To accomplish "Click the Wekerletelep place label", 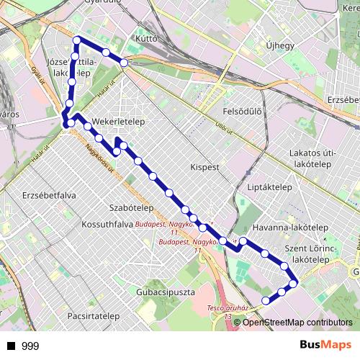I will pyautogui.click(x=119, y=122).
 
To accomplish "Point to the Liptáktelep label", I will pyautogui.click(x=269, y=186).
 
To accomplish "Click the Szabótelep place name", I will pyautogui.click(x=132, y=207).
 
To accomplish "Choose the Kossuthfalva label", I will pyautogui.click(x=108, y=225).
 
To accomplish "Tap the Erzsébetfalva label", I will pyautogui.click(x=49, y=195).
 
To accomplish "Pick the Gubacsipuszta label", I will pyautogui.click(x=165, y=292).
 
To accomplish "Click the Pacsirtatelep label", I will pyautogui.click(x=93, y=316).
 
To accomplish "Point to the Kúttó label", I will pyautogui.click(x=146, y=37).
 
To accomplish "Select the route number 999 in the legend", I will pyautogui.click(x=30, y=346).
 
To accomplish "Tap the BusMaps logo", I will pyautogui.click(x=327, y=346).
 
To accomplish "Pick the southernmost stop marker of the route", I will pyautogui.click(x=266, y=300).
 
